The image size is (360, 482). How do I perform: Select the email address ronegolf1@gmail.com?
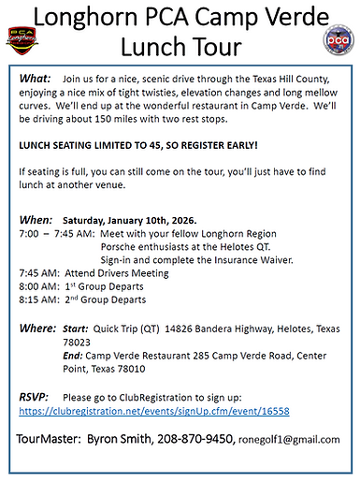point(289,439)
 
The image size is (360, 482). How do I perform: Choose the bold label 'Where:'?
point(39,329)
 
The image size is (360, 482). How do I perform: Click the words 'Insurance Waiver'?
point(238,259)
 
